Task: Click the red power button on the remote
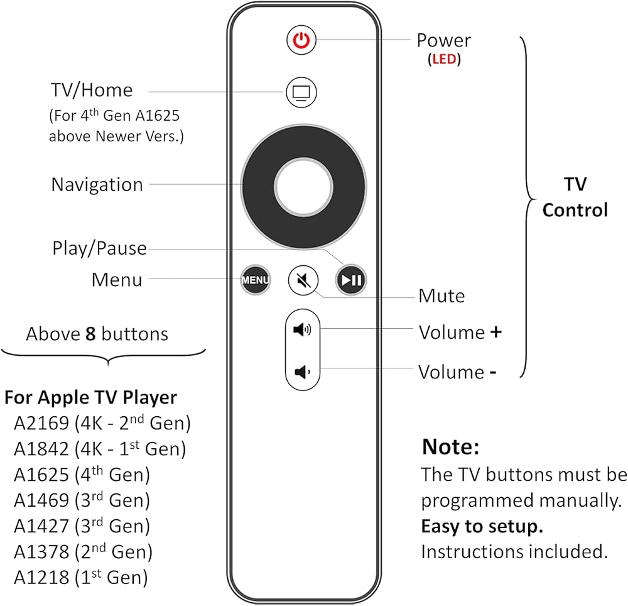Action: (x=301, y=40)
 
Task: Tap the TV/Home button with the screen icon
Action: (x=301, y=92)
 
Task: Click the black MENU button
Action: (x=256, y=280)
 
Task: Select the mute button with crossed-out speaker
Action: (x=303, y=280)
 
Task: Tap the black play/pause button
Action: (x=351, y=280)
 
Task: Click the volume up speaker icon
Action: (x=302, y=330)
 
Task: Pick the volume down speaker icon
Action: (x=302, y=372)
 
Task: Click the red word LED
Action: (x=444, y=59)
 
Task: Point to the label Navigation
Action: (x=97, y=185)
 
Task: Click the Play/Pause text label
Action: (x=100, y=248)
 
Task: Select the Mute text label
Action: (x=441, y=296)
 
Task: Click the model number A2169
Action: (x=41, y=423)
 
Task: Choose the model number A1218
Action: (x=41, y=578)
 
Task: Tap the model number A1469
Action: (x=41, y=500)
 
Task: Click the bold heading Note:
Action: (x=450, y=446)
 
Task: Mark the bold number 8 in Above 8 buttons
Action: (x=90, y=334)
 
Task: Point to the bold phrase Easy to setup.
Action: (x=482, y=527)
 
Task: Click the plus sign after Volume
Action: (x=496, y=333)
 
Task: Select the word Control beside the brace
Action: (x=575, y=210)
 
